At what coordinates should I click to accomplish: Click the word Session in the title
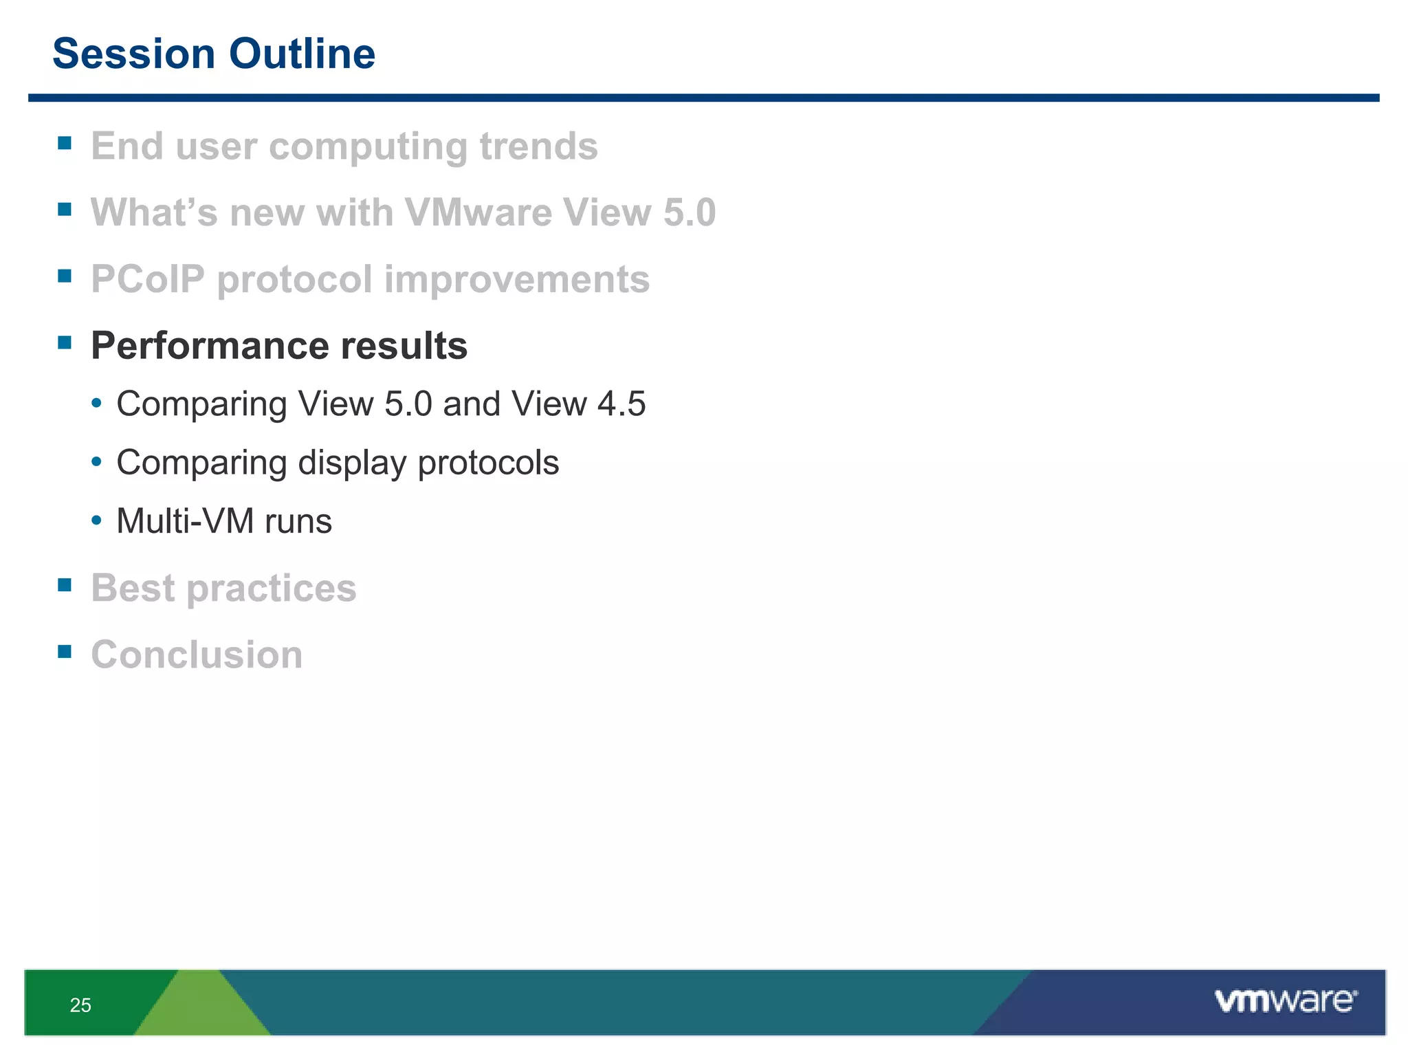133,54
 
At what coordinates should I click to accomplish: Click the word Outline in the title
302,54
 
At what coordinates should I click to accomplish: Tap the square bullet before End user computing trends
65,143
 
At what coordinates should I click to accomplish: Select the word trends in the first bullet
538,146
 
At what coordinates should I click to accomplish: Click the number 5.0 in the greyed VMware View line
689,212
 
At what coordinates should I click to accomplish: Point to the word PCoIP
148,279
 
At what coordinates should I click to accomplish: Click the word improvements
516,279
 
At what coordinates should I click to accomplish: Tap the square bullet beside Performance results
65,342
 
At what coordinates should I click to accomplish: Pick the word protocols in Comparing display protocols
488,463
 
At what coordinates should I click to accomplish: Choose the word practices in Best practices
272,588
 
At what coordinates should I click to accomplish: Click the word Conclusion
197,654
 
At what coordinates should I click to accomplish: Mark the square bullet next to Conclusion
65,651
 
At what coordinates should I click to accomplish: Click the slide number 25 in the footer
80,1005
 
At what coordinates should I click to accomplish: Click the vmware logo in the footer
1286,1001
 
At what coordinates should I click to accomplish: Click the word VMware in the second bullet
477,212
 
